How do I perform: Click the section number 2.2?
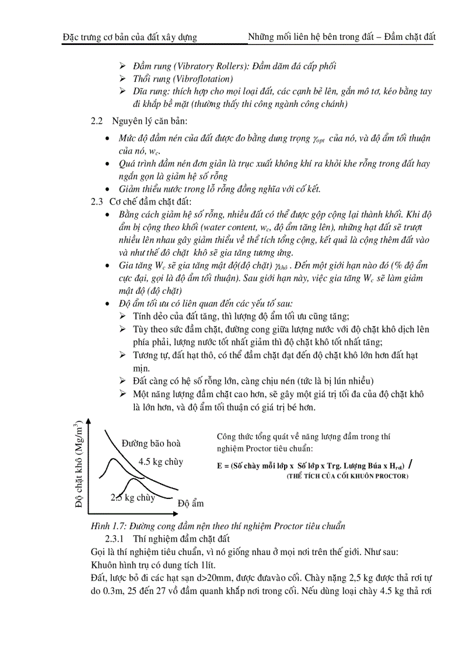click(97, 122)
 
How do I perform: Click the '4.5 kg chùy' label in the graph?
click(160, 461)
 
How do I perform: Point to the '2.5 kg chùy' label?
click(133, 498)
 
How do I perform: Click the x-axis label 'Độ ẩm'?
click(191, 503)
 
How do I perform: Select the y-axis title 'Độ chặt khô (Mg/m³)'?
click(79, 466)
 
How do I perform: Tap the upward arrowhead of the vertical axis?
click(89, 421)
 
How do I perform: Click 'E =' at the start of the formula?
click(221, 466)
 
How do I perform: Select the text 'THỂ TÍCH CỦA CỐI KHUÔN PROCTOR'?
click(347, 476)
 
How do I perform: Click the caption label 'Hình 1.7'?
click(105, 526)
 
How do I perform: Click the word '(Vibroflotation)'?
click(200, 78)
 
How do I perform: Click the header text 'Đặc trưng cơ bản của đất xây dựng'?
click(129, 37)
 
